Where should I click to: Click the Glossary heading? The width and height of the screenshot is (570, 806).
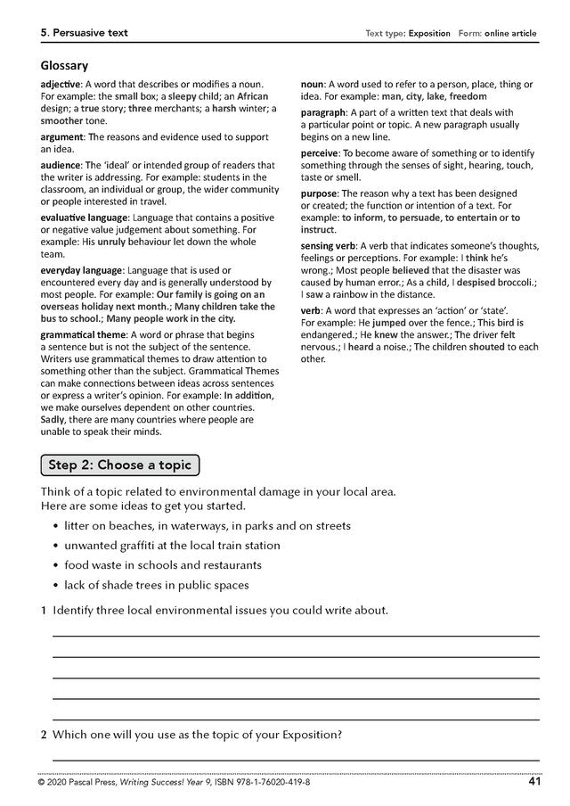click(x=64, y=65)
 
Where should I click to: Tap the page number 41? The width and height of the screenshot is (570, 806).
click(x=534, y=782)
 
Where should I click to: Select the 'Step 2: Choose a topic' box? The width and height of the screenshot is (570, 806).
click(x=121, y=465)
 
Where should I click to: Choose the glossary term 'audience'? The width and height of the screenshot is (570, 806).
click(x=61, y=165)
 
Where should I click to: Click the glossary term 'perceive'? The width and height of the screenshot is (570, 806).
click(x=320, y=153)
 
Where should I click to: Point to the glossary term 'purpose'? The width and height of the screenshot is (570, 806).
click(x=319, y=193)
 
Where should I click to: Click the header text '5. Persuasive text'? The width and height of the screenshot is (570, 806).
click(x=84, y=33)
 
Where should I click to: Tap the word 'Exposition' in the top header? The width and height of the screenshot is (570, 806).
click(x=429, y=34)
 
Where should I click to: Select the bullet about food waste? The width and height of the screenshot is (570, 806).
click(x=163, y=564)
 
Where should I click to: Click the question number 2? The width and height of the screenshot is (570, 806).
click(x=43, y=736)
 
